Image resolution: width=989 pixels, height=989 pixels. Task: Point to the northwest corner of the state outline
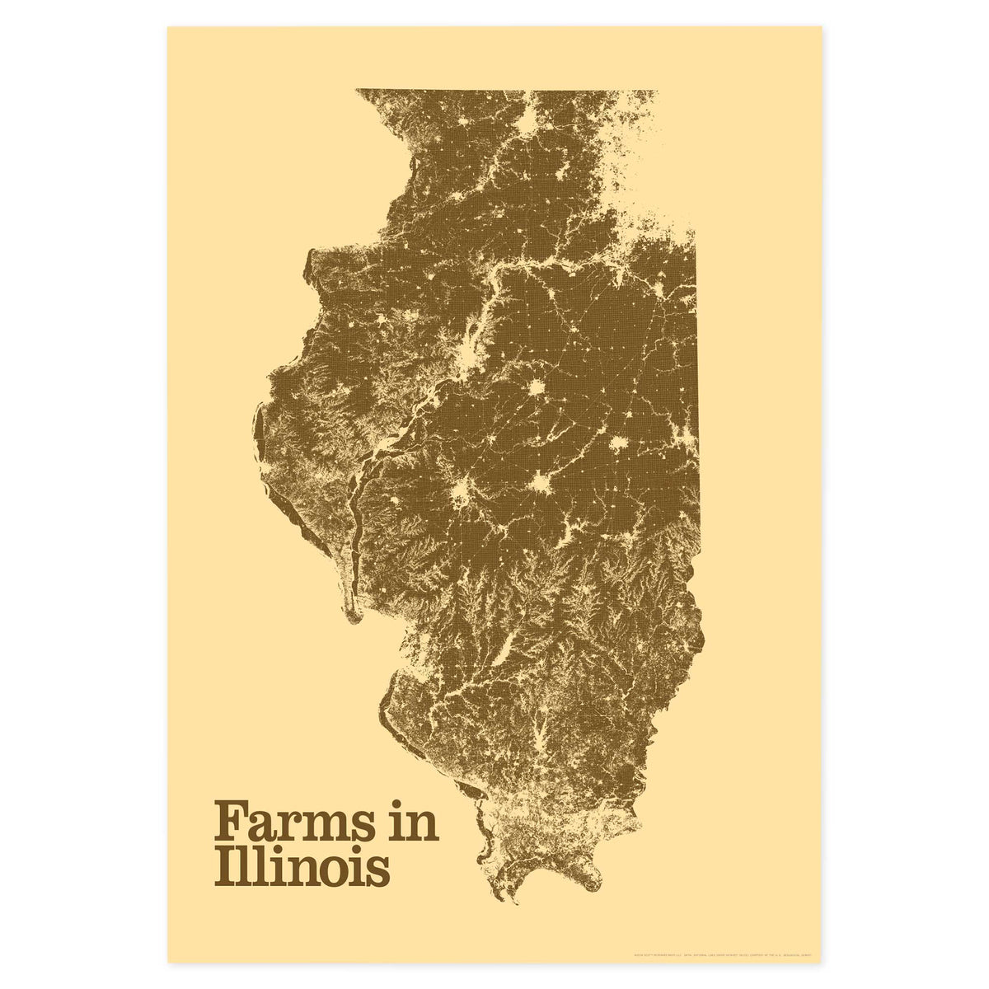coord(357,90)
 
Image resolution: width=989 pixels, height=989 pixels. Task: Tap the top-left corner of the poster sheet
coord(169,27)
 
